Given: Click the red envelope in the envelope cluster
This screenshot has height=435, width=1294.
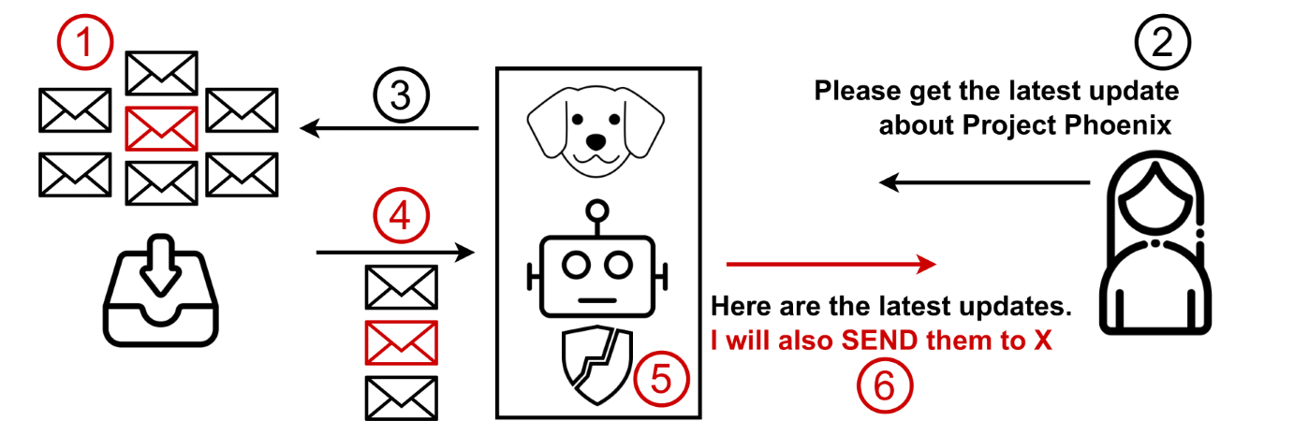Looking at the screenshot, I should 160,128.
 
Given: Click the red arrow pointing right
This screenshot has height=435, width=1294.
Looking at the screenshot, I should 831,264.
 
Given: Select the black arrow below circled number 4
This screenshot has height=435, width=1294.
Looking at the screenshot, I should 392,252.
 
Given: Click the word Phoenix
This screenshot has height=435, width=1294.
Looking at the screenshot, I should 1124,125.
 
